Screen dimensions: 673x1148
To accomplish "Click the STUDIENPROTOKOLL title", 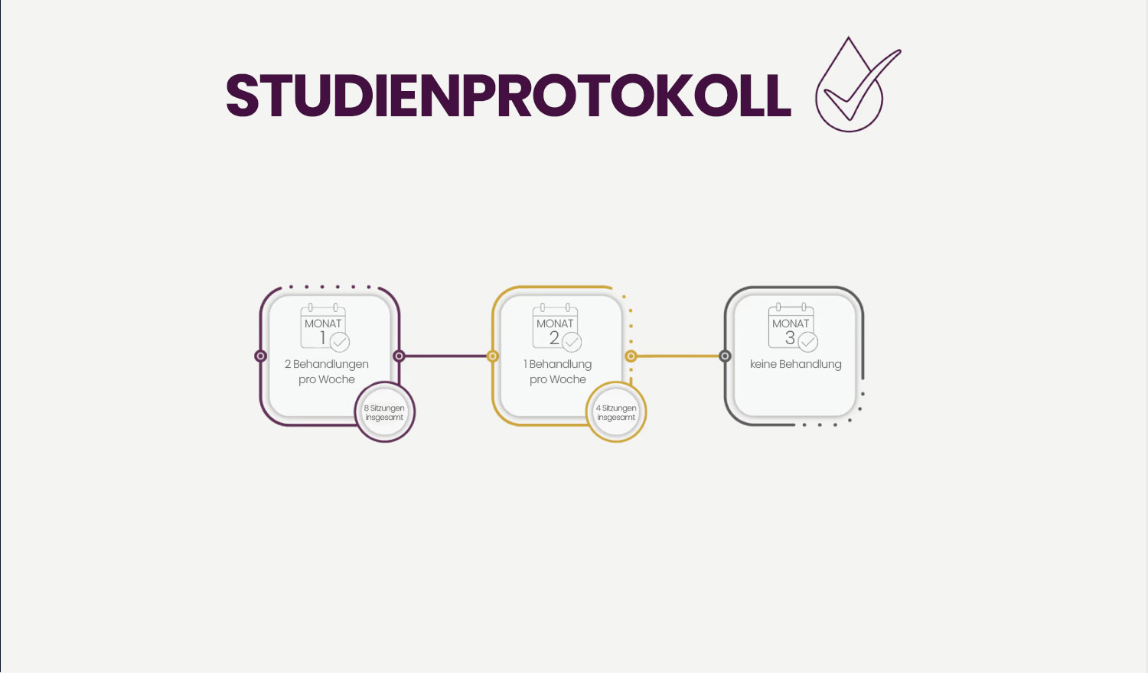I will coord(508,96).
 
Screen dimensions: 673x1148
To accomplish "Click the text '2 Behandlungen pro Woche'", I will coord(327,372).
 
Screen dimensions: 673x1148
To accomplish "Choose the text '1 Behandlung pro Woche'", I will coord(558,372).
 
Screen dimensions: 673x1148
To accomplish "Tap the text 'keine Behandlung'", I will coord(796,364).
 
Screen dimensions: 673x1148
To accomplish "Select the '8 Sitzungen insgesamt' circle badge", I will coord(384,412).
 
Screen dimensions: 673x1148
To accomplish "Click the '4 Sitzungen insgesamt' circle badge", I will coord(616,412).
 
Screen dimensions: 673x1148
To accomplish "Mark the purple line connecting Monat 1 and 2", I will coord(445,356).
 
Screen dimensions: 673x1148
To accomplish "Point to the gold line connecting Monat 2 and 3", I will coord(678,356).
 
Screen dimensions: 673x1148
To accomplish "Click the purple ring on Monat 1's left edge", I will coord(260,356).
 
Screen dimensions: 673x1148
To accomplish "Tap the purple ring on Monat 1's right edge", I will coord(399,356).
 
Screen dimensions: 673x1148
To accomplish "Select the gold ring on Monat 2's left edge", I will coord(493,356).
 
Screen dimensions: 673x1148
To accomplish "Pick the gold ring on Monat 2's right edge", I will coord(631,356).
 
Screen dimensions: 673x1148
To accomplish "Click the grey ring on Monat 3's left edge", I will coord(725,356).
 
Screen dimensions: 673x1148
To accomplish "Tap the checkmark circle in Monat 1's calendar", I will coord(340,342).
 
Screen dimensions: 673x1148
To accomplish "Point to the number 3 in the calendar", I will coord(790,338).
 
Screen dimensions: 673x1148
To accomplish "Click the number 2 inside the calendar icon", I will coord(554,338).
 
